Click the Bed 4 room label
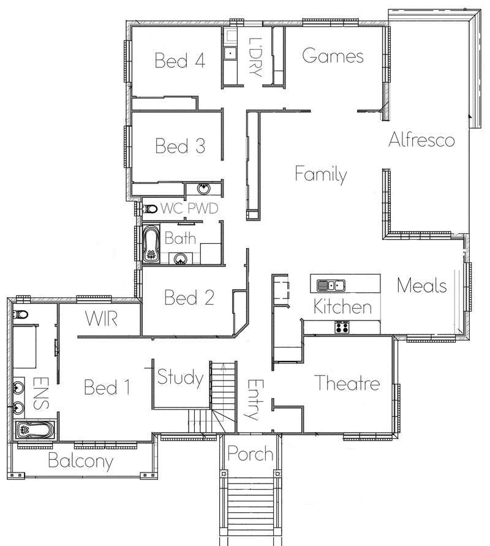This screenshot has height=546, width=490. (x=180, y=60)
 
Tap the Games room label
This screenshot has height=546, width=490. (x=333, y=56)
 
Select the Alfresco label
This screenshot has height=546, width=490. (x=421, y=140)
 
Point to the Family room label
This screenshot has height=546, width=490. (x=321, y=174)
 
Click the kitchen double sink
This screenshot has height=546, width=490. (x=331, y=285)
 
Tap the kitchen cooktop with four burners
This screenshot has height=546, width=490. (x=342, y=327)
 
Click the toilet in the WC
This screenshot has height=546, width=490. (x=149, y=209)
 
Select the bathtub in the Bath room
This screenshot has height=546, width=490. (x=151, y=243)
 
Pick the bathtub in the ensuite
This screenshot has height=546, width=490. (x=35, y=430)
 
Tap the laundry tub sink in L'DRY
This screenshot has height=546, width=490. (x=230, y=53)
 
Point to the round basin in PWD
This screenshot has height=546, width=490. (x=203, y=189)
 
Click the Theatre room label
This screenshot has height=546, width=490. (x=347, y=382)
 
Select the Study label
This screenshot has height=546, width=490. (x=180, y=377)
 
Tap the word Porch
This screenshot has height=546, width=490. (x=251, y=453)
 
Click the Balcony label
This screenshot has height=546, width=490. (x=81, y=461)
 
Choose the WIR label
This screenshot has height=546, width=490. (x=101, y=319)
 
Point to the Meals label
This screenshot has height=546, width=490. (x=422, y=285)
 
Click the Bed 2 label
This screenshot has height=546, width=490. (x=189, y=297)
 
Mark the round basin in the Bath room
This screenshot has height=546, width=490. (x=180, y=259)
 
